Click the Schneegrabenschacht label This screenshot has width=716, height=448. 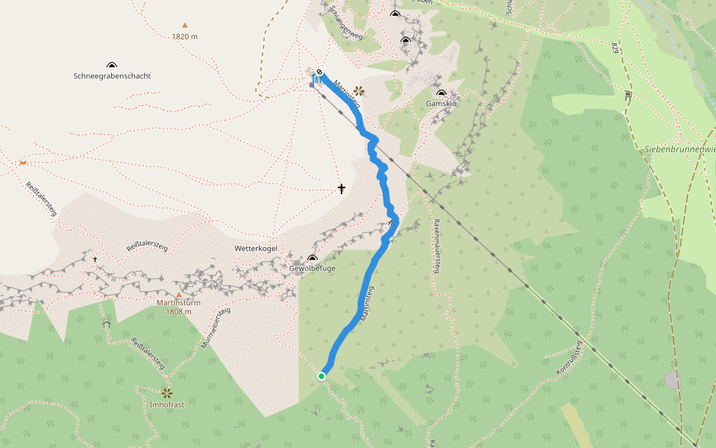(112, 75)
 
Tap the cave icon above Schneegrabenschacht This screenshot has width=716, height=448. (112, 66)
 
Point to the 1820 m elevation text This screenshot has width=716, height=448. (184, 36)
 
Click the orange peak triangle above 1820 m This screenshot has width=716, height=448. (185, 25)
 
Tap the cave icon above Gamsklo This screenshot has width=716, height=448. (442, 93)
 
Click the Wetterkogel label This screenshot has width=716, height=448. (256, 247)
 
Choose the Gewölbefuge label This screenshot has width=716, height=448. (312, 267)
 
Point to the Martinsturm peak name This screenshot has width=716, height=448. (179, 302)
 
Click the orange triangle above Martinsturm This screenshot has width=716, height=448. (179, 293)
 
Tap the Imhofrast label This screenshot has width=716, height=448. (166, 404)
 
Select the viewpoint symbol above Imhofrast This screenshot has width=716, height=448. (166, 392)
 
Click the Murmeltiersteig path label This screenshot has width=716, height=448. (216, 329)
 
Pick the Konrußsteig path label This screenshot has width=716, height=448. (569, 358)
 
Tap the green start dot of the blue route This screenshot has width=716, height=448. (321, 376)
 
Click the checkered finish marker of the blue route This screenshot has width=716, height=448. (319, 72)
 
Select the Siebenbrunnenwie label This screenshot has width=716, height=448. (679, 149)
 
